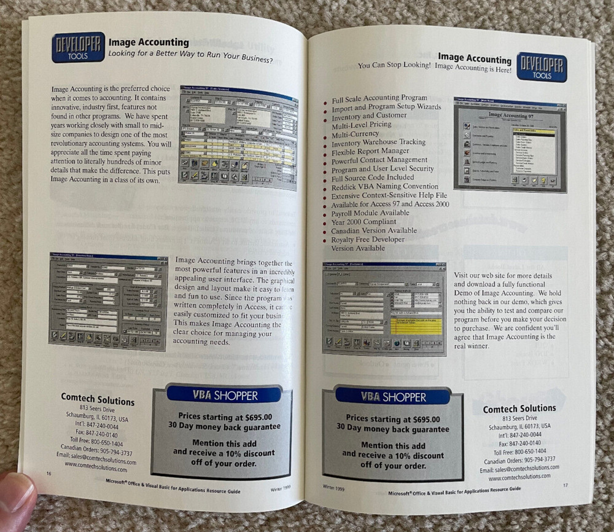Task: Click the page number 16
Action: [49, 472]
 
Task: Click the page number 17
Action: [565, 485]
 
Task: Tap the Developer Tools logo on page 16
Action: [78, 47]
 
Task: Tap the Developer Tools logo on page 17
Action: [542, 67]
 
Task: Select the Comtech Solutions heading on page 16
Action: [98, 399]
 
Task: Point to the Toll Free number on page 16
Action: [96, 442]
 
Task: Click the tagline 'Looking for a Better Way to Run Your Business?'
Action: [190, 59]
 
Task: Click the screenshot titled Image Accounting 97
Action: [509, 144]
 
